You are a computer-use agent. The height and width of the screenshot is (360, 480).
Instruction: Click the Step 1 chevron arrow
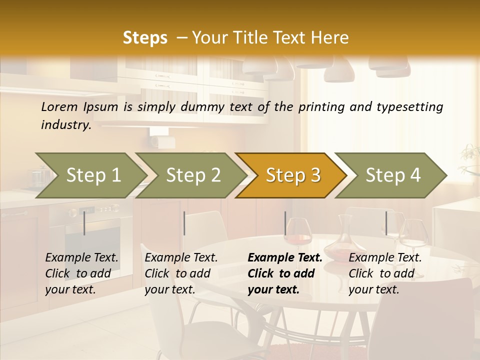coord(90,175)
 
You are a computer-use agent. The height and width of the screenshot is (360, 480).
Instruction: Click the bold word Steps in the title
coord(145,38)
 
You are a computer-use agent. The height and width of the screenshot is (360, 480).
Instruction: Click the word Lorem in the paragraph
coord(59,107)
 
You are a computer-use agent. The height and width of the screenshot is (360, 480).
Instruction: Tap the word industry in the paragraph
coord(65,125)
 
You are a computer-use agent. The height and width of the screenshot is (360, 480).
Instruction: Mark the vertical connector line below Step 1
coord(84,223)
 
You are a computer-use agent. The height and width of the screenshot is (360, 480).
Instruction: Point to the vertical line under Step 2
coord(184,223)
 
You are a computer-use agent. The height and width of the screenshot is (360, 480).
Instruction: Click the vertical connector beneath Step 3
coord(285,223)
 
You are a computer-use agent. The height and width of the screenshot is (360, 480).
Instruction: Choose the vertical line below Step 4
coord(386,223)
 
